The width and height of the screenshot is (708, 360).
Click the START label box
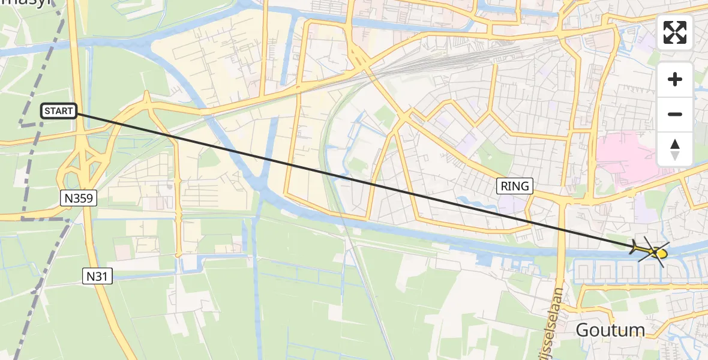(x=59, y=111)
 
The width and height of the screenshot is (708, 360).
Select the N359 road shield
(x=79, y=198)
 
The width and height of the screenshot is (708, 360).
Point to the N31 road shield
(x=97, y=275)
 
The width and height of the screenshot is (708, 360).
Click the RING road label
(x=515, y=186)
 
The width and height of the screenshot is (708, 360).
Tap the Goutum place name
(x=610, y=329)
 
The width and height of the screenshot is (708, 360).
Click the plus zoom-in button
(x=675, y=79)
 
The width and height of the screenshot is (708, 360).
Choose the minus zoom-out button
(x=675, y=114)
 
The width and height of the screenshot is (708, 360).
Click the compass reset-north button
(x=675, y=149)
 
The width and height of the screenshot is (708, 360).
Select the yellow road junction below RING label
(x=563, y=201)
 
